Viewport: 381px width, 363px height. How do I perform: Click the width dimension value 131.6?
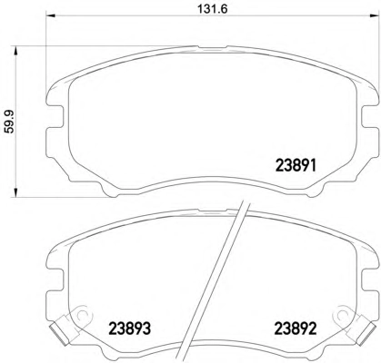[212, 9]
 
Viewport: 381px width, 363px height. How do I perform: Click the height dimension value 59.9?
[9, 122]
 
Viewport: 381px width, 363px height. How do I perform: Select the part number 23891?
[296, 165]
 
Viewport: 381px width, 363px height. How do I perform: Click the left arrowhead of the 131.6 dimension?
[50, 15]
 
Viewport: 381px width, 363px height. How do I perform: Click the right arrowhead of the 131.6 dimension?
[375, 15]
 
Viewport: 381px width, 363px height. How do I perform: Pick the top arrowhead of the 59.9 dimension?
[15, 51]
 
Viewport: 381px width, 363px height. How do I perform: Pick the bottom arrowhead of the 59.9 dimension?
[15, 192]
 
